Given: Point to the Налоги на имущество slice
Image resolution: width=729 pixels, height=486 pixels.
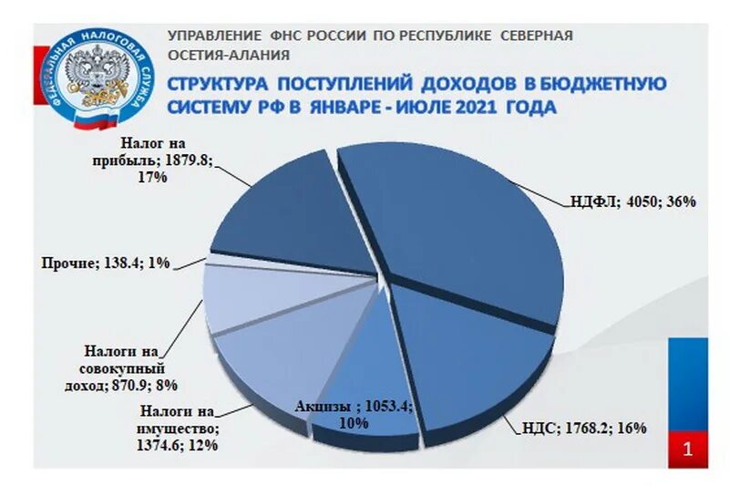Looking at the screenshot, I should [273, 356].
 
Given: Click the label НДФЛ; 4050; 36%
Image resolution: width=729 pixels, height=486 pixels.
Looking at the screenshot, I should [634, 202].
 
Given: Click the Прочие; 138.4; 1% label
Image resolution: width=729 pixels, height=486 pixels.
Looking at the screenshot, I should [106, 264].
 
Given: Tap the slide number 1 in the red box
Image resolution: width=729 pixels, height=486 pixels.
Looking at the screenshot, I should [688, 448].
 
